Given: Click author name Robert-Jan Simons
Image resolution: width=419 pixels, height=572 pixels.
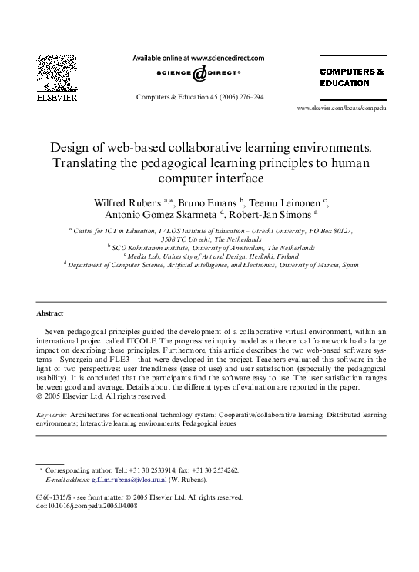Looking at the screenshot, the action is [266, 215].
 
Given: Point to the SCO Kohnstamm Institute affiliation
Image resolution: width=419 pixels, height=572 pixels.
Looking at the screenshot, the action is [210, 247].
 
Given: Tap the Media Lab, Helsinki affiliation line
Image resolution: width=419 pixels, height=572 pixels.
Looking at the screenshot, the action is [210, 256].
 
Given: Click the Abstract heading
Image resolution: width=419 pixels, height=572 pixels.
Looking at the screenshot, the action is [49, 313].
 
